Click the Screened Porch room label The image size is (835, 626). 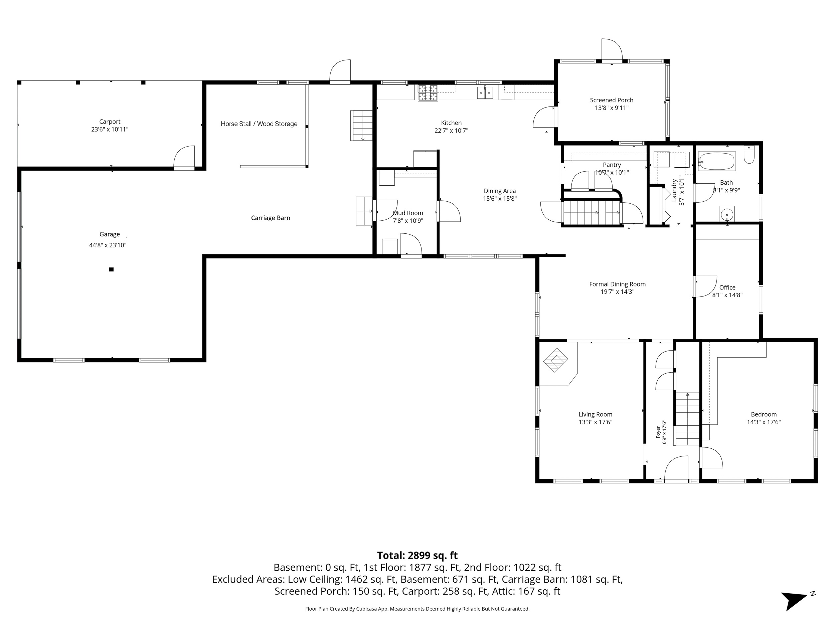(612, 100)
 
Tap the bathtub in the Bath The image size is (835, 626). (716, 162)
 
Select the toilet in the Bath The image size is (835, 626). (749, 155)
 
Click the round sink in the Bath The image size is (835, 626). (727, 215)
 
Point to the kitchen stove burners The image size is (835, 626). (428, 93)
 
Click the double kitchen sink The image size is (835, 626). (485, 92)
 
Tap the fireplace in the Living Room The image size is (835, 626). (555, 360)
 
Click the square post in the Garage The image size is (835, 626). (111, 269)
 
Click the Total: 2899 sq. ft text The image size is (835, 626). (417, 556)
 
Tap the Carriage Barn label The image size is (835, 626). (271, 218)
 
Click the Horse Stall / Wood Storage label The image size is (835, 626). (259, 124)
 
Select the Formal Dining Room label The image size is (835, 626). (618, 284)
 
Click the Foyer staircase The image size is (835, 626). (687, 419)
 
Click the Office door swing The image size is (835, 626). (705, 287)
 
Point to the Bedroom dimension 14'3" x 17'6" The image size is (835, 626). (764, 422)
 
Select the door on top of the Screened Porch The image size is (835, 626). (612, 49)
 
